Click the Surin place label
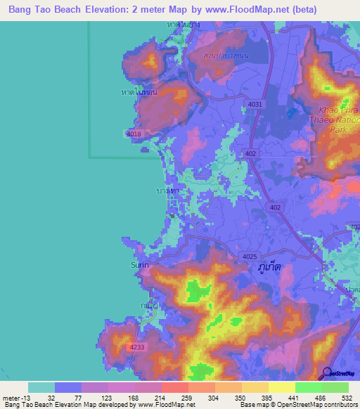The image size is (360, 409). [x=139, y=265]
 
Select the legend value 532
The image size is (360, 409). [x=346, y=397]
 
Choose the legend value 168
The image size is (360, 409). [x=133, y=397]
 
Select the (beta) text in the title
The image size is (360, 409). [x=302, y=10]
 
